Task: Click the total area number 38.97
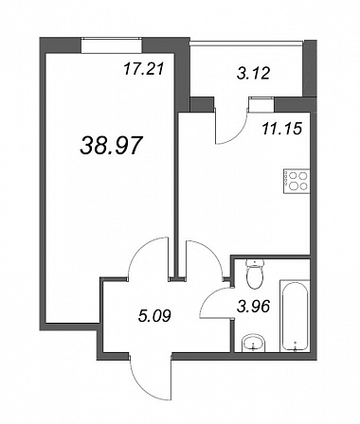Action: point(110,146)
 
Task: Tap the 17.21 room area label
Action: point(144,69)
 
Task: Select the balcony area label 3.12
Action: point(253,73)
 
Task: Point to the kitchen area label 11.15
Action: point(281,129)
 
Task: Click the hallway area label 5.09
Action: point(154,315)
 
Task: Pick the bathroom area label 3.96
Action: point(254,306)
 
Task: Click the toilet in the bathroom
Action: point(255,274)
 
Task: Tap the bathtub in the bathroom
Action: point(295,315)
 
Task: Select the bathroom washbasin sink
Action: point(253,344)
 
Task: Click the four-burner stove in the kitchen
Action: point(297,182)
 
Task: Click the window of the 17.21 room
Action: point(112,45)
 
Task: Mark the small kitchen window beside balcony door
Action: point(261,104)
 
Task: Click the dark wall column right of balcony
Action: point(310,68)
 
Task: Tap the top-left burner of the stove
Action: point(292,176)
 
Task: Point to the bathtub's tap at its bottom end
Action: point(296,346)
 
